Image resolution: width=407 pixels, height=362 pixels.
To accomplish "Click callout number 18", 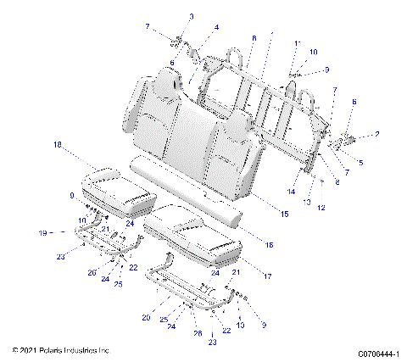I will click(x=58, y=146).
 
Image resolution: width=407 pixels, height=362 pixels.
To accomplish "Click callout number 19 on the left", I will click(x=42, y=231).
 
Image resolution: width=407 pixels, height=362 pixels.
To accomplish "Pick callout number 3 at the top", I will click(x=191, y=16).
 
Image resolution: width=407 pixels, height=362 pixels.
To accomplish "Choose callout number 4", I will click(x=216, y=27).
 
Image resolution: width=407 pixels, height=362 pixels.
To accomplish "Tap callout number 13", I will click(x=308, y=203).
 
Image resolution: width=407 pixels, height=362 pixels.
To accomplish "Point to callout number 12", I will click(x=321, y=208).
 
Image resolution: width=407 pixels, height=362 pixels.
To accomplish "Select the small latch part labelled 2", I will click(x=348, y=136).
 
